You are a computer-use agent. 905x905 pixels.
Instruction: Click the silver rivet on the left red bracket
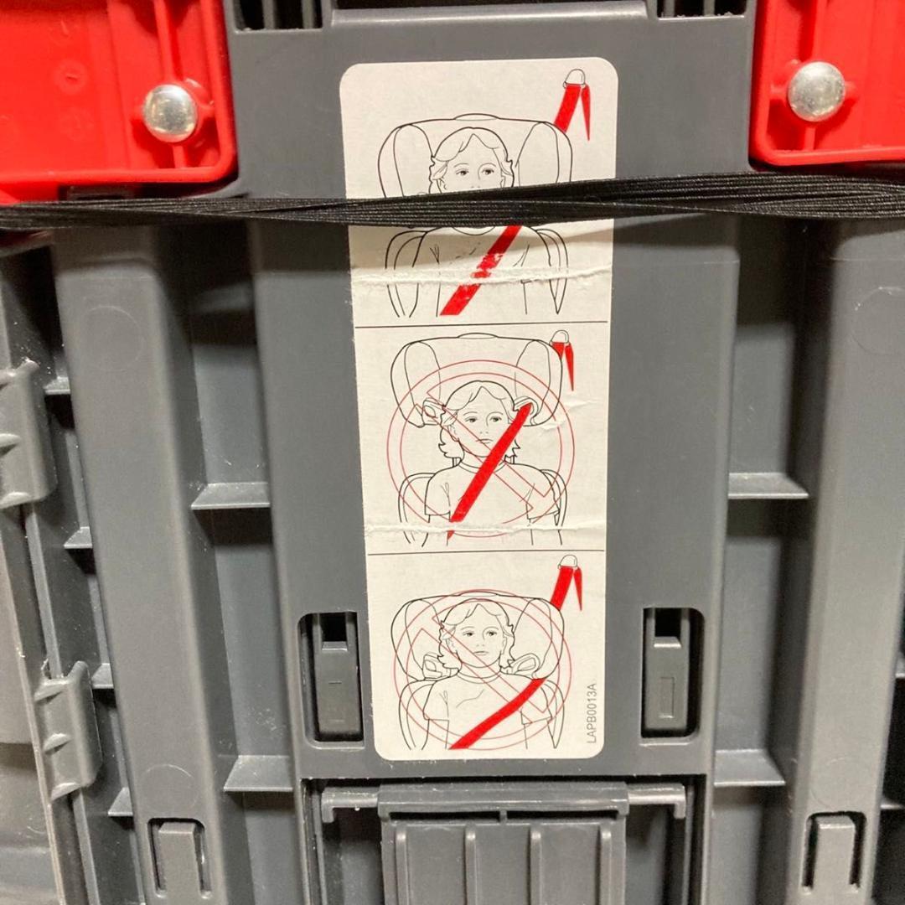point(170,112)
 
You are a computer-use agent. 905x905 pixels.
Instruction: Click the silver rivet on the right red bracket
point(816,90)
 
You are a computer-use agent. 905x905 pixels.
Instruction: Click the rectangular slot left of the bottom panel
point(331,675)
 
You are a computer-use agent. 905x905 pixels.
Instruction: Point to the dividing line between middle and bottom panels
point(486,551)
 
